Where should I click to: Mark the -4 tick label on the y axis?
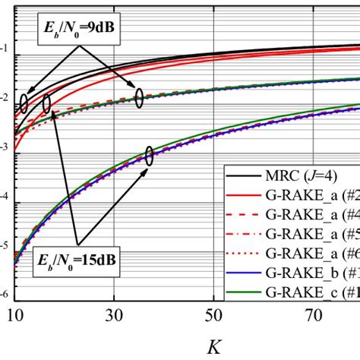5,196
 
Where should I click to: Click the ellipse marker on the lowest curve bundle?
150,156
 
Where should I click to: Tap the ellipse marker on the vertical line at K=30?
139,97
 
